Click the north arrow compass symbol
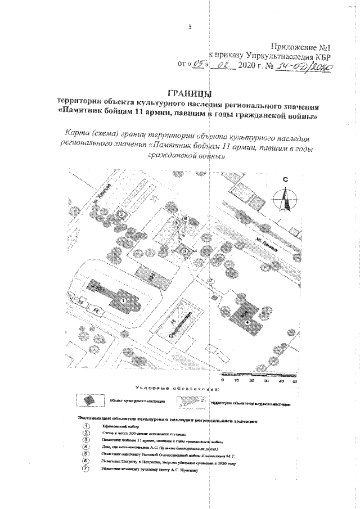click(x=286, y=199)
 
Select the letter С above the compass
click(x=285, y=180)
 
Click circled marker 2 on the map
click(x=120, y=214)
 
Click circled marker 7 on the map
click(x=210, y=281)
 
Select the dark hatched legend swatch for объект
click(x=90, y=400)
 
